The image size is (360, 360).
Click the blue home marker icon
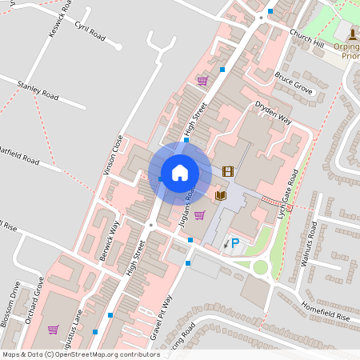pos(179,172)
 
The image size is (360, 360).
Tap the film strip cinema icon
pos(228,171)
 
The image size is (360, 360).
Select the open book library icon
pos(222,195)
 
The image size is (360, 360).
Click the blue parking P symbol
pos(235,243)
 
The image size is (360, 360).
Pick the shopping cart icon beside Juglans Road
pos(199,214)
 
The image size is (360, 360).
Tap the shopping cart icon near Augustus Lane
pos(53,329)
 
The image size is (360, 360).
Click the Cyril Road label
pos(90,32)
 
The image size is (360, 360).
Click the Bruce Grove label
pos(293,83)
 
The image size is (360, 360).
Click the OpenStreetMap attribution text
pos(81,354)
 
